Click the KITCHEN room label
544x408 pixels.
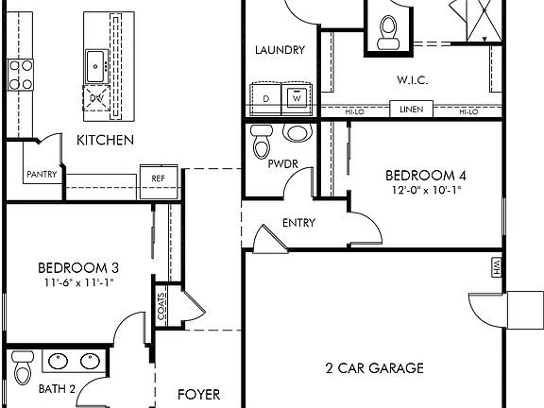pyautogui.click(x=105, y=140)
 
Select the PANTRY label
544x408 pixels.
pyautogui.click(x=42, y=174)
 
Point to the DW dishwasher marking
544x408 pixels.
pyautogui.click(x=96, y=97)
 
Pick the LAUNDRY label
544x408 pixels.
pyautogui.click(x=280, y=50)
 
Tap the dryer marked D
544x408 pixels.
pyautogui.click(x=266, y=97)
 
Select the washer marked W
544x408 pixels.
pyautogui.click(x=297, y=96)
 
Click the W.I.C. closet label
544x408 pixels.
pyautogui.click(x=412, y=80)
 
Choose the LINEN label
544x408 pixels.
pyautogui.click(x=411, y=111)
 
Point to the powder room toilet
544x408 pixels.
pyautogui.click(x=262, y=146)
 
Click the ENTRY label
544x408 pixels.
pyautogui.click(x=298, y=224)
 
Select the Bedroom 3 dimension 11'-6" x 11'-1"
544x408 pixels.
pyautogui.click(x=77, y=283)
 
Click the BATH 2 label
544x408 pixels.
pyautogui.click(x=30, y=388)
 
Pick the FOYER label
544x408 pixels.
pyautogui.click(x=200, y=394)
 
